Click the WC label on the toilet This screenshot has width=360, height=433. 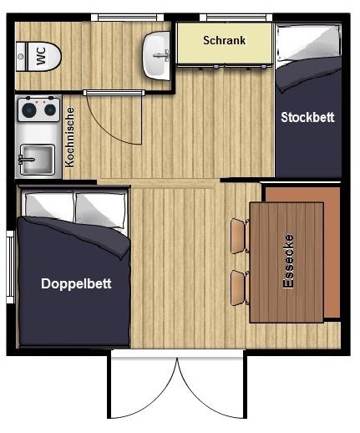pyautogui.click(x=41, y=56)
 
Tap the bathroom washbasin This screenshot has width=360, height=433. pyautogui.click(x=156, y=55)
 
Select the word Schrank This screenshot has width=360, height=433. pyautogui.click(x=225, y=40)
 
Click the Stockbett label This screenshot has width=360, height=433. pyautogui.click(x=307, y=117)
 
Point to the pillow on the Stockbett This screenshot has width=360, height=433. pyautogui.click(x=308, y=43)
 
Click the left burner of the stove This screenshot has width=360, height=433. pyautogui.click(x=29, y=110)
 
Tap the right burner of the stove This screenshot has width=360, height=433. pyautogui.click(x=50, y=110)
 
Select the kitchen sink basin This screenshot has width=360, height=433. pyautogui.click(x=38, y=159)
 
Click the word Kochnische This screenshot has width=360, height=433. pyautogui.click(x=69, y=138)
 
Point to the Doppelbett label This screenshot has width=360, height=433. pyautogui.click(x=76, y=283)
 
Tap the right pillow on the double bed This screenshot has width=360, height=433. pyautogui.click(x=100, y=209)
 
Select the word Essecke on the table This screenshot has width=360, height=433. pyautogui.click(x=288, y=261)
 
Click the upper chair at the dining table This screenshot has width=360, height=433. pyautogui.click(x=240, y=236)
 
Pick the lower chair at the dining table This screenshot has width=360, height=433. pyautogui.click(x=240, y=288)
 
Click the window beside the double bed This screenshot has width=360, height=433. pyautogui.click(x=10, y=267)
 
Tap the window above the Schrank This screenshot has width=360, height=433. pyautogui.click(x=236, y=18)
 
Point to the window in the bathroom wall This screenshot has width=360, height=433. pyautogui.click(x=128, y=18)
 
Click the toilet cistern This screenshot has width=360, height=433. pyautogui.click(x=21, y=56)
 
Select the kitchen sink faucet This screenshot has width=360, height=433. pyautogui.click(x=26, y=160)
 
